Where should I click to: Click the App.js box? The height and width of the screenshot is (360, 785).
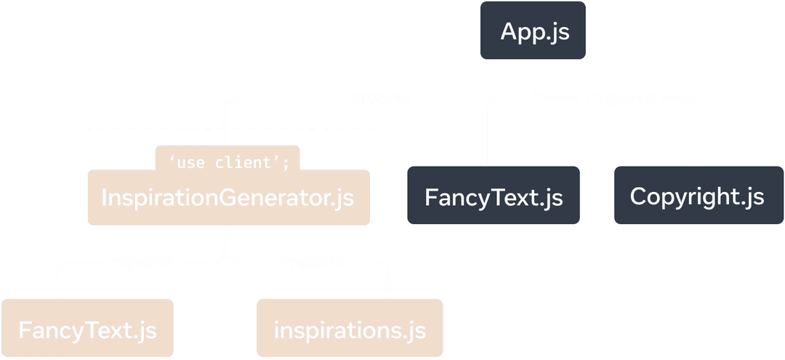[534, 32]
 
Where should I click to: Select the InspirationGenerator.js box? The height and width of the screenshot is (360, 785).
[228, 197]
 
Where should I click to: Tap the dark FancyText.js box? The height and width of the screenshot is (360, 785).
[494, 196]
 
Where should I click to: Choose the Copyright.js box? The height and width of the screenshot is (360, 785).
[697, 196]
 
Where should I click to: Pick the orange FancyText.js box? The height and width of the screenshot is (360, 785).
[87, 329]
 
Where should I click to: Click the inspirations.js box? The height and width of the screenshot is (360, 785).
[349, 329]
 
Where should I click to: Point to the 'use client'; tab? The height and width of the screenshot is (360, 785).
[228, 162]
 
